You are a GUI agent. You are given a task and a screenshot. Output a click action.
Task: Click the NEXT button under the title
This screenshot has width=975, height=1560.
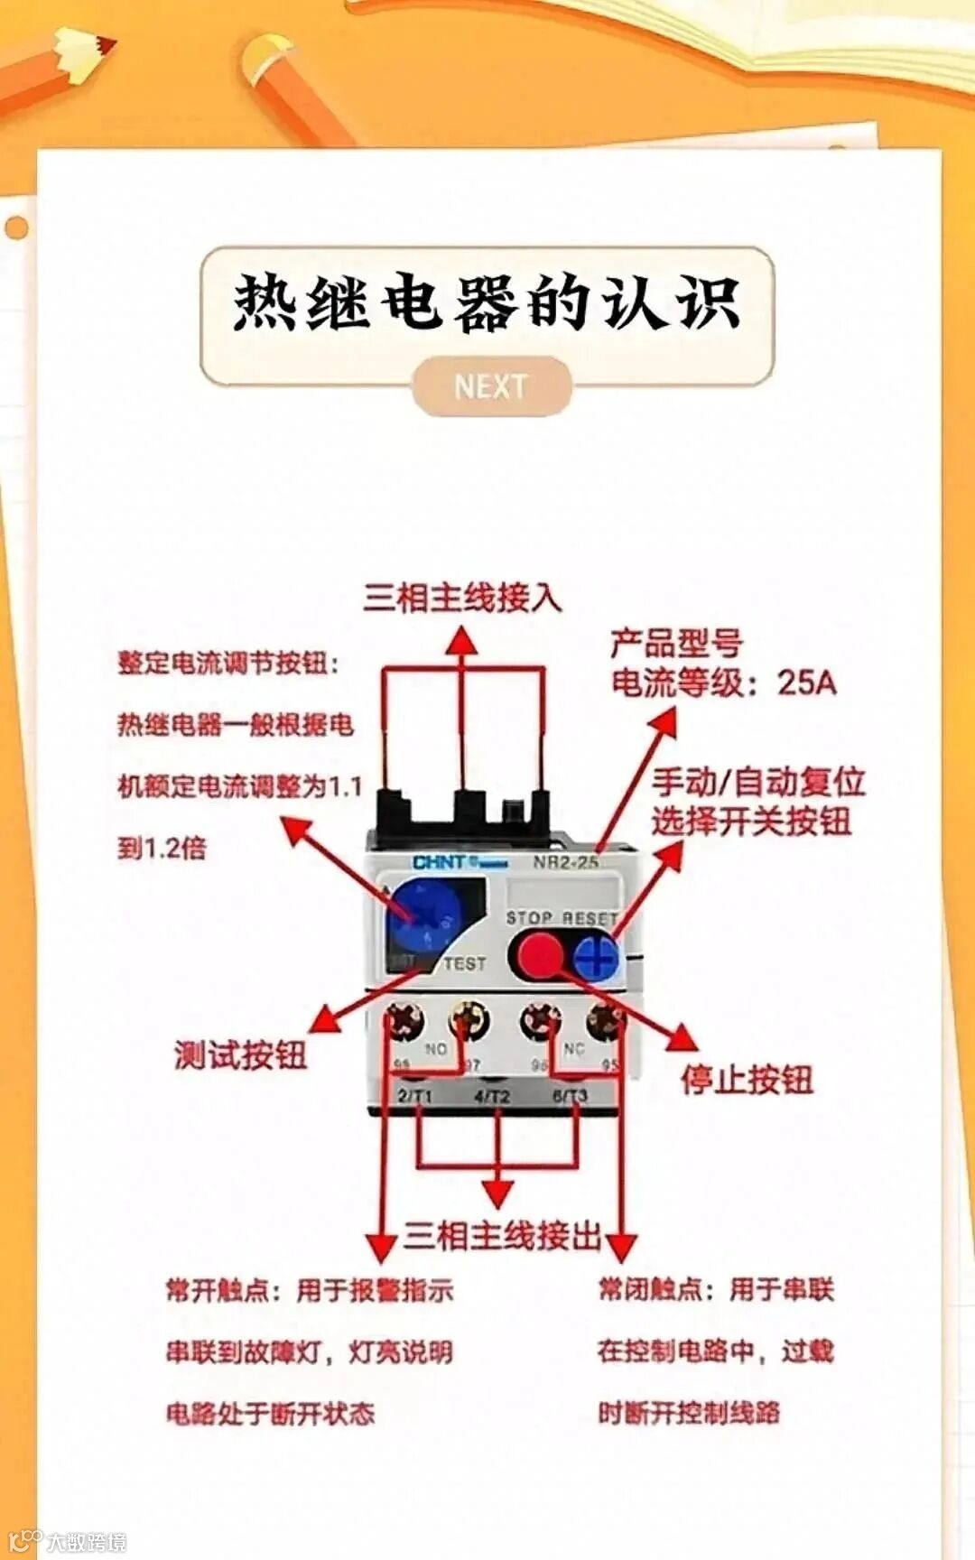click(x=491, y=386)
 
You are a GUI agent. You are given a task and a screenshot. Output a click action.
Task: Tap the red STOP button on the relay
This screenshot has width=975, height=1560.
click(x=540, y=953)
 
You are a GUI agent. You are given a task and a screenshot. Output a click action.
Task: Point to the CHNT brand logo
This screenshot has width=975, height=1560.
click(x=440, y=862)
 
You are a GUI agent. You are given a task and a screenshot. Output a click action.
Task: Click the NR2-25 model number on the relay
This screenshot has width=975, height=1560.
click(x=565, y=862)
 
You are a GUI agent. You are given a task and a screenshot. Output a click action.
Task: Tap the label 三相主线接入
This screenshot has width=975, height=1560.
click(x=462, y=598)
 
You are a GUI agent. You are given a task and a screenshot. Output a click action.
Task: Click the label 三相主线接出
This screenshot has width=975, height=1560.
click(x=502, y=1235)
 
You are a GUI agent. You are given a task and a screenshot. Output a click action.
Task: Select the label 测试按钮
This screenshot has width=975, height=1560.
click(x=240, y=1054)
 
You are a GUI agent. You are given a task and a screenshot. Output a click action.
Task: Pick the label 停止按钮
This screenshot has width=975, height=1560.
click(x=747, y=1079)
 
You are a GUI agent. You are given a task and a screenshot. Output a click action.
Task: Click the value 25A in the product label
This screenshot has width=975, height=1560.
click(x=807, y=682)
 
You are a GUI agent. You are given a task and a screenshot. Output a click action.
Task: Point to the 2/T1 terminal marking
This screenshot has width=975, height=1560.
click(x=415, y=1096)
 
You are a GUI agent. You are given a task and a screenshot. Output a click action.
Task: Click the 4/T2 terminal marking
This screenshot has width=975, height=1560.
click(x=492, y=1096)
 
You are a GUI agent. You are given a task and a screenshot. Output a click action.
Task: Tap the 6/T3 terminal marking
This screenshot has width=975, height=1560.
click(x=570, y=1096)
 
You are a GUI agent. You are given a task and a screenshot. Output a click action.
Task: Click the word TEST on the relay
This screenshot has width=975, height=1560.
click(x=464, y=963)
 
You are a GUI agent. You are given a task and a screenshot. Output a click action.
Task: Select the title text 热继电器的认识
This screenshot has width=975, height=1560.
click(x=487, y=302)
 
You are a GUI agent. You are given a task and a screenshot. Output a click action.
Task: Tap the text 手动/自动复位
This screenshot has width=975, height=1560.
click(x=758, y=782)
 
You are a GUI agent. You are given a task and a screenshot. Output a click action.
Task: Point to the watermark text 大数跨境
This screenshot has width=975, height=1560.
click(x=87, y=1541)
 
